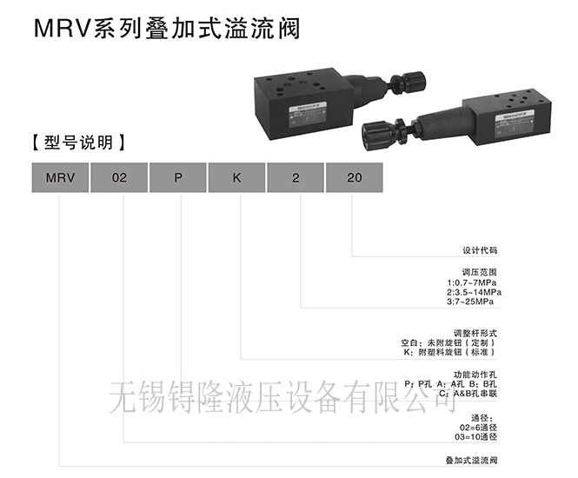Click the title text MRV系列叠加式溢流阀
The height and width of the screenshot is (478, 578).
click(x=166, y=30)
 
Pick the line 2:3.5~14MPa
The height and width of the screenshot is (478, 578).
click(x=474, y=292)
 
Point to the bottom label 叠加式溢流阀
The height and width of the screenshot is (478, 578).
click(x=472, y=458)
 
